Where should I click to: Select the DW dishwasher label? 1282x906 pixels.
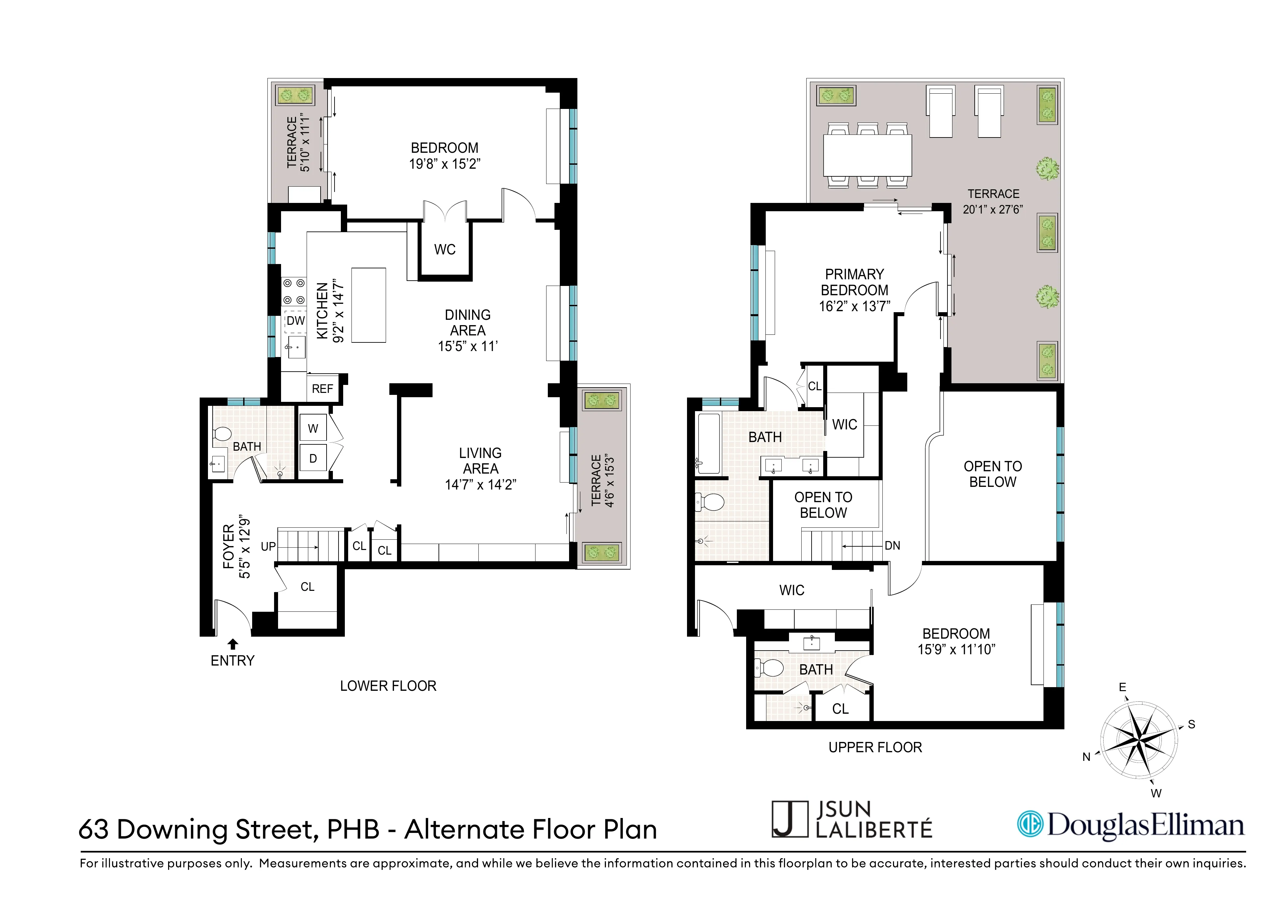(295, 321)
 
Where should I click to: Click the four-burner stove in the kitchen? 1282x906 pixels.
(293, 291)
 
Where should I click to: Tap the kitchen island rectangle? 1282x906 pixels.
(368, 305)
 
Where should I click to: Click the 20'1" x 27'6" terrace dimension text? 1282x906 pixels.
(992, 209)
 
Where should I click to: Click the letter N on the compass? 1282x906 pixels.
(1086, 757)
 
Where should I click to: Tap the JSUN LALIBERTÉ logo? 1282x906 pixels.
(851, 819)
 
